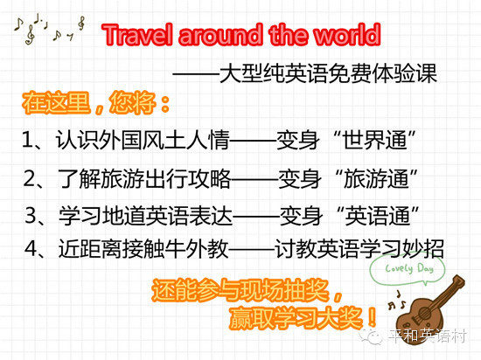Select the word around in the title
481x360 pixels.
[x=220, y=35]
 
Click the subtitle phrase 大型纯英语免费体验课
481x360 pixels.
[x=328, y=73]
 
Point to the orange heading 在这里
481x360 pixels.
[x=56, y=102]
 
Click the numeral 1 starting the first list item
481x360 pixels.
[x=28, y=140]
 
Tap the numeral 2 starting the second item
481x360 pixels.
[x=31, y=178]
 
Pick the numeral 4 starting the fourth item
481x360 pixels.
[x=31, y=248]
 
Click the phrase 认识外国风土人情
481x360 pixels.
[x=143, y=140]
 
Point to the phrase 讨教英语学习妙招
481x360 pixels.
[x=359, y=248]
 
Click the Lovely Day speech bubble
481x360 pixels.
[x=408, y=269]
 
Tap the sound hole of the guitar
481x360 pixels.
[x=425, y=314]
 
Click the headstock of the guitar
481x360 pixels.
[x=457, y=282]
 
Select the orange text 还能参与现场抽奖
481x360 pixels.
[x=240, y=290]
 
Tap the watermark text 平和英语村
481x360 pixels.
[x=428, y=336]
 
